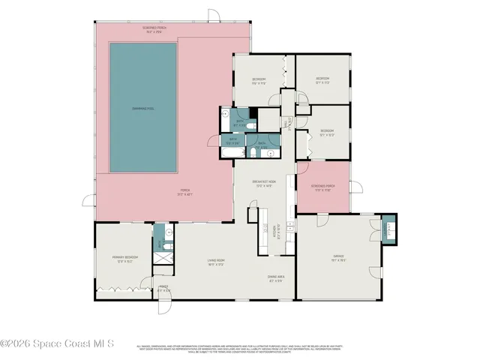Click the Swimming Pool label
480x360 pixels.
[143, 109]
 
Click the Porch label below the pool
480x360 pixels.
[184, 192]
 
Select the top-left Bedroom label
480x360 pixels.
[258, 81]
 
